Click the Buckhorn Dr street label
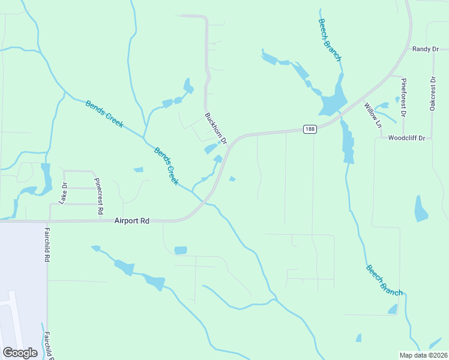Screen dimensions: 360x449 click(x=216, y=128)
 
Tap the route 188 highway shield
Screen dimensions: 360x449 click(x=309, y=129)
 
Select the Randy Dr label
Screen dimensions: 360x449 click(x=426, y=49)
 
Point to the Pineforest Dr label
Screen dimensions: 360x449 click(x=404, y=97)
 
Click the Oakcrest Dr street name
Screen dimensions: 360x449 click(x=432, y=93)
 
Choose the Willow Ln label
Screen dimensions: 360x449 click(x=373, y=116)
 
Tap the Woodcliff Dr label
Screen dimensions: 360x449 click(x=406, y=138)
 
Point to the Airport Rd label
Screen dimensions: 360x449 click(x=131, y=221)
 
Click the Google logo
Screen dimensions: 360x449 click(x=20, y=353)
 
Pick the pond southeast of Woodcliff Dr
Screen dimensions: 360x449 click(x=421, y=208)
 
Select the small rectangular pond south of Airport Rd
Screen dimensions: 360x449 click(x=180, y=250)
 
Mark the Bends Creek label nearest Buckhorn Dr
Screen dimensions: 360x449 click(x=166, y=166)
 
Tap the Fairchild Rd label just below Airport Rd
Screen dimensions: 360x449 click(x=46, y=244)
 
